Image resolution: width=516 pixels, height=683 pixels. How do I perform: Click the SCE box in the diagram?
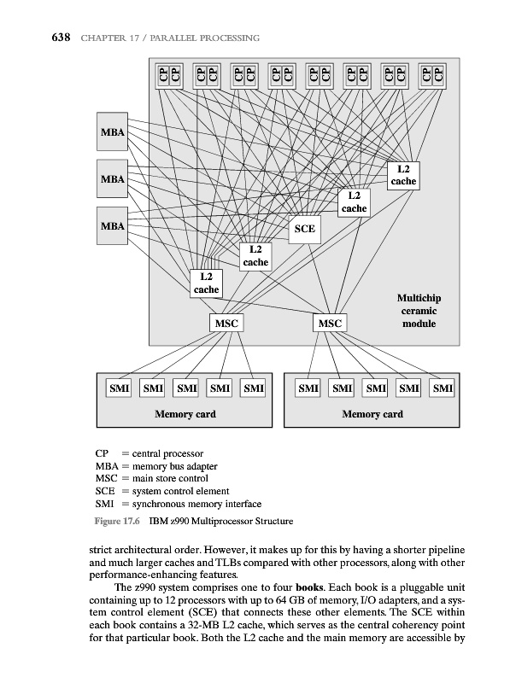tap(304, 228)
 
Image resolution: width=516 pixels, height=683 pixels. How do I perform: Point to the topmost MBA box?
tap(113, 132)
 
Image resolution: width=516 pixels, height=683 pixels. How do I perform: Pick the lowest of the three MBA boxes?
tap(113, 226)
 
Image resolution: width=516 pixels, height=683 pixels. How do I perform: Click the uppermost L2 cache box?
tap(403, 175)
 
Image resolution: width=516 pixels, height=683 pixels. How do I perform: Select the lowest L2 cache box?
tap(206, 283)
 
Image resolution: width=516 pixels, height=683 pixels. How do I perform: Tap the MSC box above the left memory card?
tap(226, 324)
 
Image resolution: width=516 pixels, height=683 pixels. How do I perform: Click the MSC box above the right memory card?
tap(329, 324)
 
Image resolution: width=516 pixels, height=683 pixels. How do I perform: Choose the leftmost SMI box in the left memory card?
tap(117, 389)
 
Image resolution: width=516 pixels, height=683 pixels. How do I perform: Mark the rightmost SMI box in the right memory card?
tap(442, 389)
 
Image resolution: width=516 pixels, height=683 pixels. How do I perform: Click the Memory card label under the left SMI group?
tap(185, 414)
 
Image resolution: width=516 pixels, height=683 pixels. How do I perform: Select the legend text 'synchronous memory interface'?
tap(196, 504)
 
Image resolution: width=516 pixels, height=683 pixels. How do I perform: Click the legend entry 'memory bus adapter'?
tap(174, 466)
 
